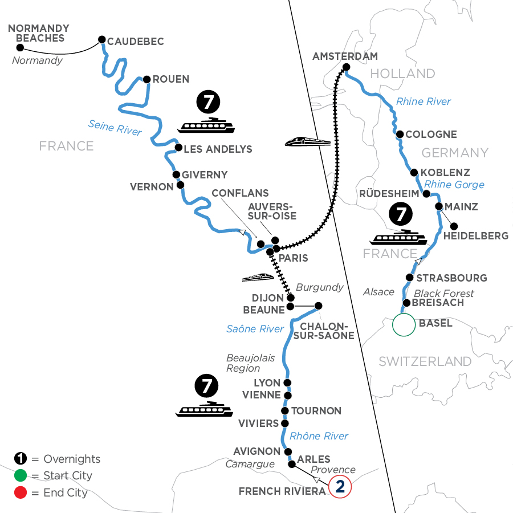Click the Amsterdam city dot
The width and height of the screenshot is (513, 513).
click(346, 68)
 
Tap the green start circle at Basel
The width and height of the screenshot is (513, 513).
click(404, 324)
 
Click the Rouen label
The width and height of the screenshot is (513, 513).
click(170, 79)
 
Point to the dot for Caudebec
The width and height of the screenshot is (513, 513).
click(101, 39)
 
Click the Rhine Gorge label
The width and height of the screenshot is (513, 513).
click(454, 185)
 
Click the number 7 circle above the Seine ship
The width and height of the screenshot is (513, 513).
click(206, 103)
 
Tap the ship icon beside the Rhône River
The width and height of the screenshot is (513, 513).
click(205, 410)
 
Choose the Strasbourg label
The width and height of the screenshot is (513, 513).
click(452, 278)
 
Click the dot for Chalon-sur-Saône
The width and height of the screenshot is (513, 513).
click(318, 306)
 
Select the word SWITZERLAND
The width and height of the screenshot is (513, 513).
click(425, 361)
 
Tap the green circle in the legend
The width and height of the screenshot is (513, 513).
click(20, 475)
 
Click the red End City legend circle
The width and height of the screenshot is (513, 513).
click(20, 492)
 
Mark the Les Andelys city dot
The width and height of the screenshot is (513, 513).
click(178, 148)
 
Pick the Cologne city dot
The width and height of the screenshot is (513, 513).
click(400, 135)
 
